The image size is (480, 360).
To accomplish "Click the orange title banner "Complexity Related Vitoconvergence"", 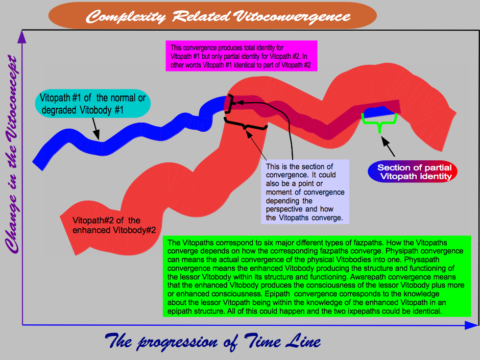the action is [212, 16].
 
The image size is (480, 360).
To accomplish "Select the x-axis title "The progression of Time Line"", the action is [213, 341].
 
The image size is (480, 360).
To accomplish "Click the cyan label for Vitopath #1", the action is [93, 104].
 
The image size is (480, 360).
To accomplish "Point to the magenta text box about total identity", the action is [241, 56].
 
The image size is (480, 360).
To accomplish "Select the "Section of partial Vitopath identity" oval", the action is [413, 172].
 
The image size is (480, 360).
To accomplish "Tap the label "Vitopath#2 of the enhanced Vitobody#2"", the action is [114, 225].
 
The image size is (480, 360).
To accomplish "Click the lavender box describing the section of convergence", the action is [305, 192].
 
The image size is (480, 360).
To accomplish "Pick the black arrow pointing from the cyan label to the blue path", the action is [95, 129].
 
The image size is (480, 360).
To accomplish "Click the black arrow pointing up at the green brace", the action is [388, 146].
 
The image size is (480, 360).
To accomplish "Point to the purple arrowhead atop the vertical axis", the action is [22, 37].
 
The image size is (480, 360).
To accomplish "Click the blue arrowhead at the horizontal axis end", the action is [471, 325].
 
